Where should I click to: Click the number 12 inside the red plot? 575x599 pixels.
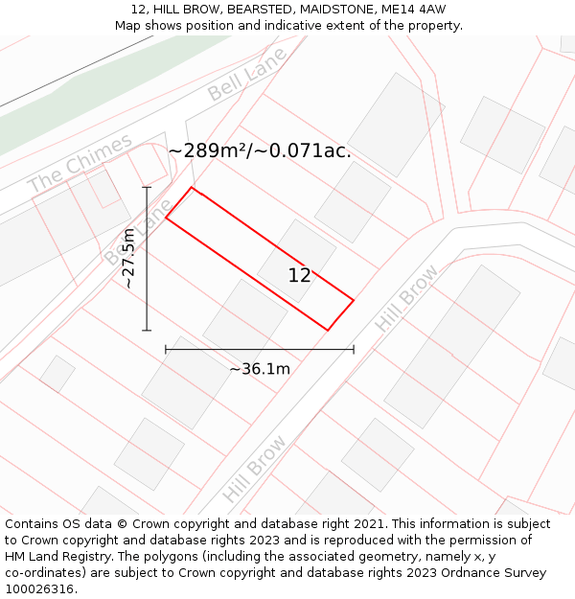(x=299, y=276)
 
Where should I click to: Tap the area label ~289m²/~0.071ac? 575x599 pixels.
(x=260, y=150)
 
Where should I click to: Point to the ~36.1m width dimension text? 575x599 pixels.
(x=259, y=369)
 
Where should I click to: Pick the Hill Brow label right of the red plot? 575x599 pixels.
(x=406, y=298)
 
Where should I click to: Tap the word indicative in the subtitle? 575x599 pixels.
(x=292, y=26)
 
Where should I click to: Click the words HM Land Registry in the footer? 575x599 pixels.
(x=57, y=557)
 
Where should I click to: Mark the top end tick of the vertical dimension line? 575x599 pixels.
(x=147, y=187)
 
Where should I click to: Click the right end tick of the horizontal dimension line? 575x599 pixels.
(x=354, y=350)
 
